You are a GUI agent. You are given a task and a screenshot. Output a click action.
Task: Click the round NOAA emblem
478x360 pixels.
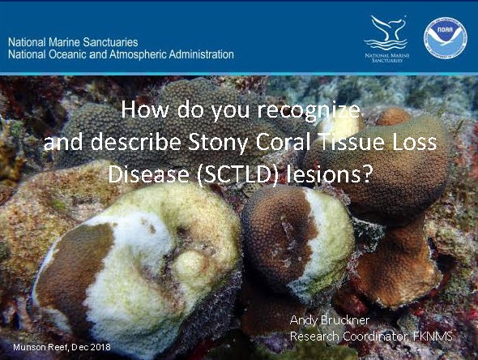pyautogui.click(x=446, y=38)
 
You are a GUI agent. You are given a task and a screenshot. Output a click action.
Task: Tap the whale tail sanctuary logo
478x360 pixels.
pyautogui.click(x=386, y=32)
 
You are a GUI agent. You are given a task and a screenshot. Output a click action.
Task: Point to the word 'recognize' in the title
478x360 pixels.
pyautogui.click(x=309, y=111)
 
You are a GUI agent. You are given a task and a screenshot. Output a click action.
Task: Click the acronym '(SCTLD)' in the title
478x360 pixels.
pyautogui.click(x=237, y=174)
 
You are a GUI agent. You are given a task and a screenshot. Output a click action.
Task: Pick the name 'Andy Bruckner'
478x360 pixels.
pyautogui.click(x=330, y=320)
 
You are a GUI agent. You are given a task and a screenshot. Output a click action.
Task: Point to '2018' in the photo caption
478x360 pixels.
pyautogui.click(x=100, y=347)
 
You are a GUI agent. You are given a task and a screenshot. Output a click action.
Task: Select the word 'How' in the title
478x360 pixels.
pyautogui.click(x=145, y=109)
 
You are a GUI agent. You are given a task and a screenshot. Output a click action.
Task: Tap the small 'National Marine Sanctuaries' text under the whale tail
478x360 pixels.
pyautogui.click(x=386, y=58)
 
